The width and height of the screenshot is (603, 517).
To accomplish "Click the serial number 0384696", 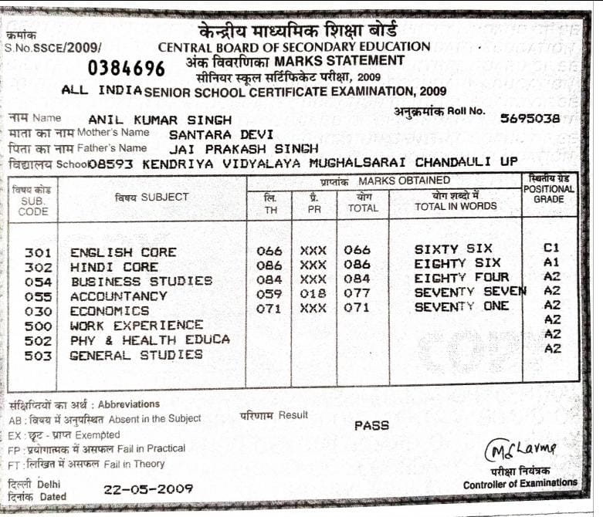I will [126, 69].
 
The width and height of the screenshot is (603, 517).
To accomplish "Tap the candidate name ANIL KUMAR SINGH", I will [160, 120].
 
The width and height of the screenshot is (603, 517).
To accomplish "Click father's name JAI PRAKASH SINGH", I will [243, 147].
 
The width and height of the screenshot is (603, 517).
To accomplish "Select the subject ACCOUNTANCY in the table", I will [118, 296].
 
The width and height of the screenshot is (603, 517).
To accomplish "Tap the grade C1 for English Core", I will [550, 248].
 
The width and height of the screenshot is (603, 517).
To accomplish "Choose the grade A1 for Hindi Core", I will [550, 262].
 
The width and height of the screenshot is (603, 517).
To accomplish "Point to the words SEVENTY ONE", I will [462, 306].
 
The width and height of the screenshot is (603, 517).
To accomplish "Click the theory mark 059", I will [269, 293].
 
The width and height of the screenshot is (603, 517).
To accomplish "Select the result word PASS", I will [371, 425].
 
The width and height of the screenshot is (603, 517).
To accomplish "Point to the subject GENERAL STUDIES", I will [136, 355].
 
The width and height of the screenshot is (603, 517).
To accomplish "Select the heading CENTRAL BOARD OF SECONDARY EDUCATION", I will [294, 47].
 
